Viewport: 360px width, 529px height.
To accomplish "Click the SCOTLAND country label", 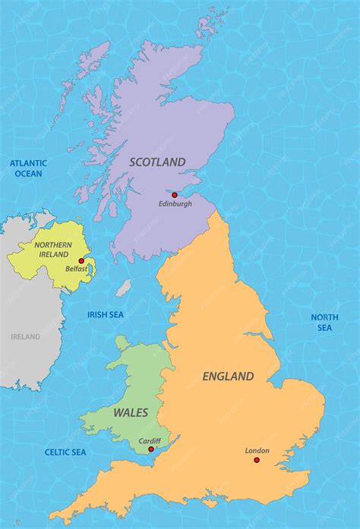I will (157, 162).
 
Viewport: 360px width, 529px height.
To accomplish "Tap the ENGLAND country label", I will (228, 376).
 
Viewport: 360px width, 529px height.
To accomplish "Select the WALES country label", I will (131, 413).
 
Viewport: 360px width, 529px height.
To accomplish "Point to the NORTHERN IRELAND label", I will (53, 250).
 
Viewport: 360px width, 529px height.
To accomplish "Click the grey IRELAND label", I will (25, 337).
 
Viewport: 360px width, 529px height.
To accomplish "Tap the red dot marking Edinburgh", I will (174, 195).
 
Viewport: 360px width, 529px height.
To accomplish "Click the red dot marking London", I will (257, 460).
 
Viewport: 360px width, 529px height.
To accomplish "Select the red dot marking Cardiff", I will (151, 449).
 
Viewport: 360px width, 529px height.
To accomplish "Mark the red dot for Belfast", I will (81, 260).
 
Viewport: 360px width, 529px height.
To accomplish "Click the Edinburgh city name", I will (175, 204).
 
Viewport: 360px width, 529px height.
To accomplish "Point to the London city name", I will (257, 451).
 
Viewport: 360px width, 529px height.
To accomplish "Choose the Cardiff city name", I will (150, 440).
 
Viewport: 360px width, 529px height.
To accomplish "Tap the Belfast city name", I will (76, 269).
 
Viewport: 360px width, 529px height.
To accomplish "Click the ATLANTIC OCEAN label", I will (28, 168).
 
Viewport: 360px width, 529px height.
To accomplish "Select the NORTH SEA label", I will (324, 322).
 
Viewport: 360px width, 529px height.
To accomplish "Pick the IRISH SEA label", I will (106, 314).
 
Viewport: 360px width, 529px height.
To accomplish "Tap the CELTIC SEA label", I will (65, 452).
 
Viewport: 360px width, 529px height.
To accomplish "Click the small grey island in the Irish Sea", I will (123, 288).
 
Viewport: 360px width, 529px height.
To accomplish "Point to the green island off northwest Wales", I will (122, 344).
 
